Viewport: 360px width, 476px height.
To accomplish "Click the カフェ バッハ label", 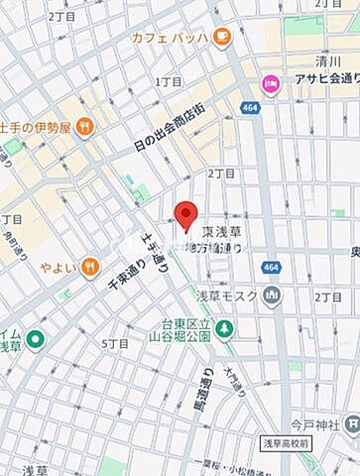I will point(169,38).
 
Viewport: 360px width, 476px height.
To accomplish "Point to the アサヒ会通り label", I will point(316,84).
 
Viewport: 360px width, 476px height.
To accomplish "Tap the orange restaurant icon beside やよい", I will point(89,265).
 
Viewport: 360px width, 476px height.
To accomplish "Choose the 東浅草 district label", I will point(222,231).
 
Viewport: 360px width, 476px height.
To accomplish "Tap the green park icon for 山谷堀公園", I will point(226,329).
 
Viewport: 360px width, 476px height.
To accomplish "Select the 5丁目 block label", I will point(116,343).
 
